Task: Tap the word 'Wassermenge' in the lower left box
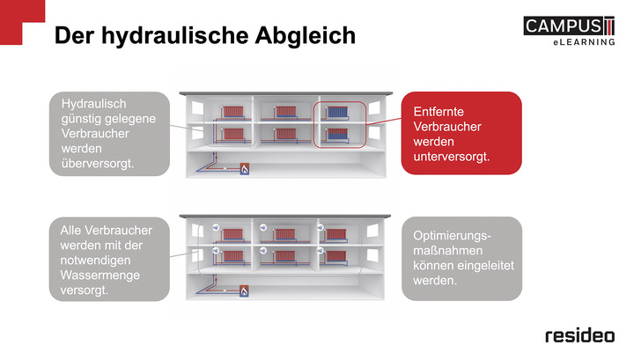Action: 95,274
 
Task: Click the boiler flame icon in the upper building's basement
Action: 245,167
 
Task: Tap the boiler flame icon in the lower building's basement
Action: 245,289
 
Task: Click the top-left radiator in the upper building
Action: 232,113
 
